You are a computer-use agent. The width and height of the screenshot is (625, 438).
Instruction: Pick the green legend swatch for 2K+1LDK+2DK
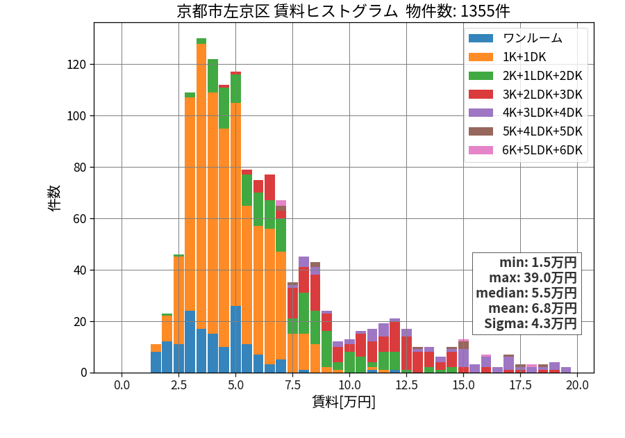coord(481,76)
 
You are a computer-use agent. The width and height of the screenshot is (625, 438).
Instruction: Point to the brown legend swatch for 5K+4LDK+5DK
coord(481,131)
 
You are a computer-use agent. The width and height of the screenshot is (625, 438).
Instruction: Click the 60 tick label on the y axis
coord(80,219)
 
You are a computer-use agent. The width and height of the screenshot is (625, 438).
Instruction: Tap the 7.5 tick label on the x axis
coord(292,385)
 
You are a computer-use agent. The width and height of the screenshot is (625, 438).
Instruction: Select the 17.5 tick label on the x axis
coord(521,385)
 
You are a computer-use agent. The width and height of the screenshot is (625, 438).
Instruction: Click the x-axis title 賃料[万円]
coord(344,402)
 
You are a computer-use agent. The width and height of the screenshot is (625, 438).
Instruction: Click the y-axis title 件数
coord(54,198)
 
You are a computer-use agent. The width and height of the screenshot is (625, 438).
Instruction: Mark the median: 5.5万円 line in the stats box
coord(526,293)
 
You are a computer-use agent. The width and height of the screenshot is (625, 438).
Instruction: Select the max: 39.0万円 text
coord(533,278)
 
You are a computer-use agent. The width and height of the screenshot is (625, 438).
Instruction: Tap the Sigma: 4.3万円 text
coord(531,323)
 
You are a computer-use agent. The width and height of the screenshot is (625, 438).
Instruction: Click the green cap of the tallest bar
coord(201,41)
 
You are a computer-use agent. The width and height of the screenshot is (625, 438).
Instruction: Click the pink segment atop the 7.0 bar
coord(281,203)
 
